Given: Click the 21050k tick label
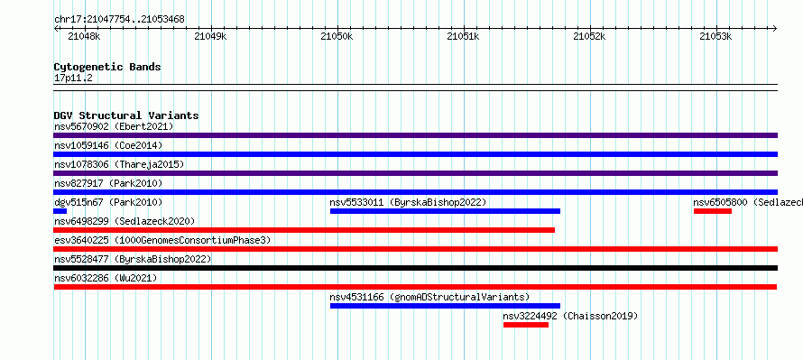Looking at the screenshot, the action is pyautogui.click(x=337, y=36).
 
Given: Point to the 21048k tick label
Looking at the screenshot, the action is pyautogui.click(x=84, y=36).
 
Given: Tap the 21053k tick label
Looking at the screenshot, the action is pyautogui.click(x=716, y=36).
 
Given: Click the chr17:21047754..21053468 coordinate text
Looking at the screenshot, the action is pyautogui.click(x=119, y=20).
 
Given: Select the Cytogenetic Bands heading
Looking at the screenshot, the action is pyautogui.click(x=107, y=67).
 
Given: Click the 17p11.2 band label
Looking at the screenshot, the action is pyautogui.click(x=73, y=78).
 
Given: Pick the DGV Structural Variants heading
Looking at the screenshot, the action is pyautogui.click(x=126, y=115).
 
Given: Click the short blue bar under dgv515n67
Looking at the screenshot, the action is pyautogui.click(x=60, y=211).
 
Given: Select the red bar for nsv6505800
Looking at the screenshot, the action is pyautogui.click(x=713, y=211).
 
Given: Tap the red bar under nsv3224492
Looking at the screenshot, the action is pyautogui.click(x=526, y=325).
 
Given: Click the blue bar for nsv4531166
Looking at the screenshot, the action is pyautogui.click(x=445, y=306).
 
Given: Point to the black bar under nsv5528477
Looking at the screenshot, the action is pyautogui.click(x=415, y=268).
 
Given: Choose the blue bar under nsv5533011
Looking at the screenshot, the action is pyautogui.click(x=445, y=211).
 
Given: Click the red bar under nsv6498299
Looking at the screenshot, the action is pyautogui.click(x=304, y=230).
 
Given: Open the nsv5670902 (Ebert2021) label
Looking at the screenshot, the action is pyautogui.click(x=114, y=126).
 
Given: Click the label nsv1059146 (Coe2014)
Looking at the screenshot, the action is pyautogui.click(x=108, y=145).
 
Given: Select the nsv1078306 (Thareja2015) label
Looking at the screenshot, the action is pyautogui.click(x=119, y=164).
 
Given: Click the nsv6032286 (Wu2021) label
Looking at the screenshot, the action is pyautogui.click(x=106, y=278).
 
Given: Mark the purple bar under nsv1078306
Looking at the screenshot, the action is pyautogui.click(x=415, y=173).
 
